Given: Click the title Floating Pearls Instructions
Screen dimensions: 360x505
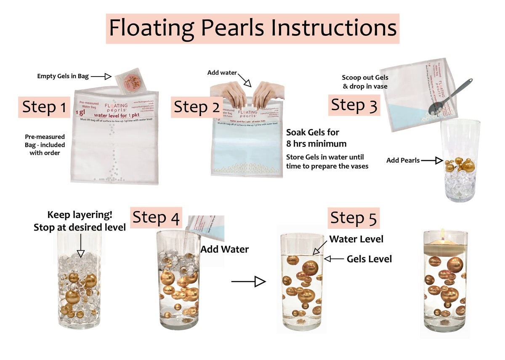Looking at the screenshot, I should (252, 29).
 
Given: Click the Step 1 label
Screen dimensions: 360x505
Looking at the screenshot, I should (44, 107).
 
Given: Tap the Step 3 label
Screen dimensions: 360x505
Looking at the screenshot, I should (354, 105).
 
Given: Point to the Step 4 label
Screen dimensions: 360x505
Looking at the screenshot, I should (156, 218).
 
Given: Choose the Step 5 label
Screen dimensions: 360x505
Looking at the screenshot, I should (354, 218).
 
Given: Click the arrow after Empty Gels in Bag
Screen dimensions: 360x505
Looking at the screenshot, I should (101, 76).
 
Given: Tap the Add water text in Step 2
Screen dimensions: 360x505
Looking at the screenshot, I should (222, 73).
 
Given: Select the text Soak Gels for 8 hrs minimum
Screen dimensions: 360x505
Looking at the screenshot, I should (316, 138).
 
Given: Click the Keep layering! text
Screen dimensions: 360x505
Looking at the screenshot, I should (80, 215).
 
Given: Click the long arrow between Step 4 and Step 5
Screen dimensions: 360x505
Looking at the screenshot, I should (249, 281).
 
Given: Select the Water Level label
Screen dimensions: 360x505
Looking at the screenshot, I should (356, 239).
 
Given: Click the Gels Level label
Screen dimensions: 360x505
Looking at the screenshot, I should (369, 259).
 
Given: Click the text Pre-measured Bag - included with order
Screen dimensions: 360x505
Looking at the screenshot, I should (45, 145).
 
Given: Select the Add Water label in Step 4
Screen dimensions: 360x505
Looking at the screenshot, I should (224, 249).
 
